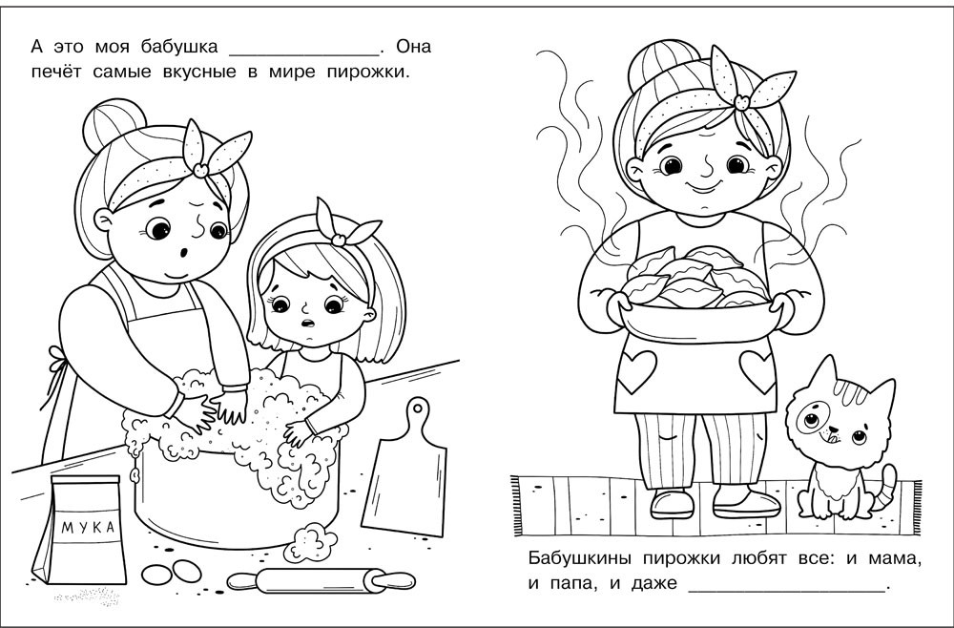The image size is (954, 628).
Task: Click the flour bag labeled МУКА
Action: [81, 530]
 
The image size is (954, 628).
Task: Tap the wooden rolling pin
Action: [321, 580]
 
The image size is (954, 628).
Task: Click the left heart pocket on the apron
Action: [637, 370]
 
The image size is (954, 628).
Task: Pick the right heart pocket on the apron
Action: [757, 370]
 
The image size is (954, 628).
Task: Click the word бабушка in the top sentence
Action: [179, 46]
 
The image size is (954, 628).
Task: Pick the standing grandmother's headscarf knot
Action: [741, 101]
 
